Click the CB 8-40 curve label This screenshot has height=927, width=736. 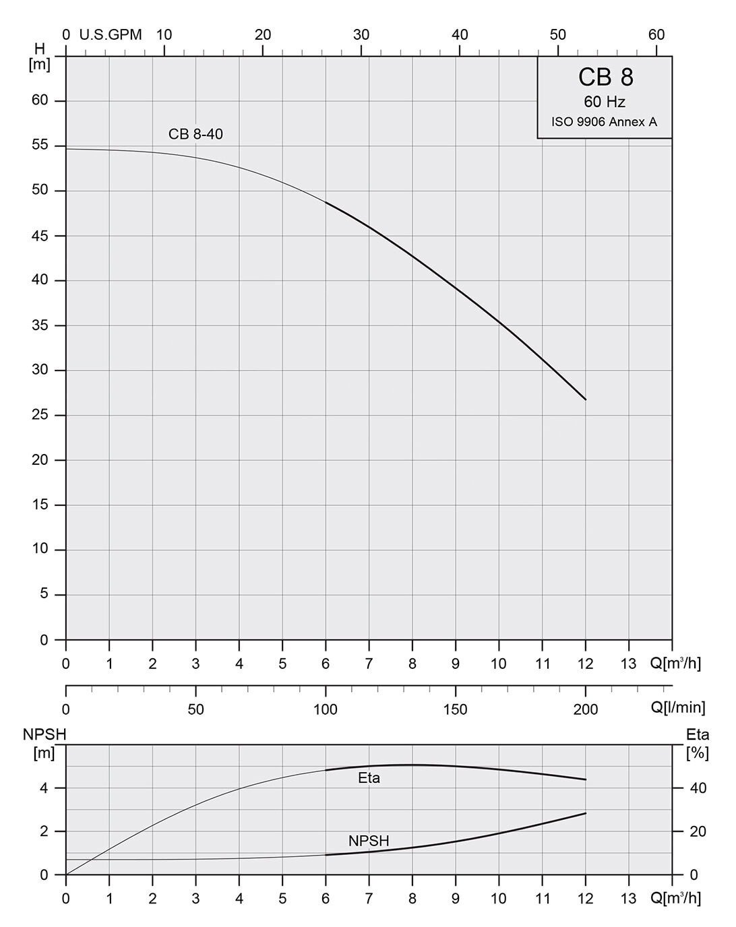(195, 134)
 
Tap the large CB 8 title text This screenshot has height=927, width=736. (605, 77)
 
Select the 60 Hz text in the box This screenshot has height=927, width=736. (605, 102)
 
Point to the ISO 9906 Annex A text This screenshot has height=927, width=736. (605, 123)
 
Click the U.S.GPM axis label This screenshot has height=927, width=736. (111, 34)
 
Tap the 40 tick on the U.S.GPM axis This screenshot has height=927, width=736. (460, 34)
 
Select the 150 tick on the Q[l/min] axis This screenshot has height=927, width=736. (456, 709)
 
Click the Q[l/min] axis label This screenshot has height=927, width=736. (678, 707)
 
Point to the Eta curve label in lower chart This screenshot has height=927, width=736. (369, 779)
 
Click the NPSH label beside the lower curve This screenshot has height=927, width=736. (369, 841)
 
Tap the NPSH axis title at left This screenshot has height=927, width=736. (45, 734)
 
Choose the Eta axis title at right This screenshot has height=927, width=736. (698, 734)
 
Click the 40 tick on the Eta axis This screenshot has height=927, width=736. (698, 788)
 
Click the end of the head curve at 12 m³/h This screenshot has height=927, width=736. (586, 399)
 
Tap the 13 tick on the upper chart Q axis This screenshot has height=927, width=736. (628, 664)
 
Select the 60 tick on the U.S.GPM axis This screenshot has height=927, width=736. (656, 34)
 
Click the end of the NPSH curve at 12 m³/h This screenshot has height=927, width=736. (586, 813)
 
